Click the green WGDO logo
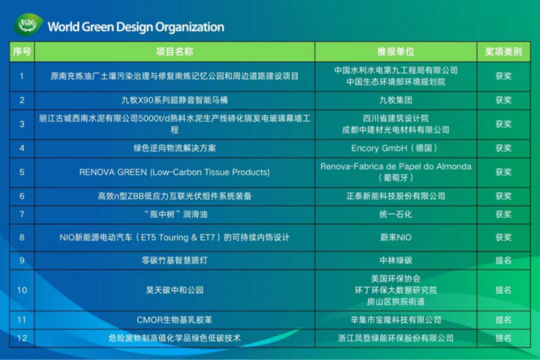pyautogui.click(x=28, y=24)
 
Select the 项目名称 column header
pyautogui.click(x=175, y=52)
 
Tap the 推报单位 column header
pyautogui.click(x=396, y=52)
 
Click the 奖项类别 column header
pyautogui.click(x=504, y=52)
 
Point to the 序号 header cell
pyautogui.click(x=22, y=52)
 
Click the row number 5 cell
pyautogui.click(x=22, y=172)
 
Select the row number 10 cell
pyautogui.click(x=22, y=290)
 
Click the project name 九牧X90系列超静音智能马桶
pyautogui.click(x=175, y=100)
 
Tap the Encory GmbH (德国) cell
pyautogui.click(x=396, y=148)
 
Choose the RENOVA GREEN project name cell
pyautogui.click(x=175, y=172)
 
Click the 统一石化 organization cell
pyautogui.click(x=396, y=215)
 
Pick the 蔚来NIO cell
pyautogui.click(x=396, y=238)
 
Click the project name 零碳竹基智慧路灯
pyautogui.click(x=175, y=261)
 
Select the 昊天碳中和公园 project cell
pyautogui.click(x=175, y=290)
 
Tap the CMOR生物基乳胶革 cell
pyautogui.click(x=175, y=320)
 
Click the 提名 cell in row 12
pyautogui.click(x=504, y=338)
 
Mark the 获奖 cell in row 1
pyautogui.click(x=504, y=76)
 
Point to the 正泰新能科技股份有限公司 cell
pyautogui.click(x=396, y=196)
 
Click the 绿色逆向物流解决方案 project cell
pyautogui.click(x=175, y=148)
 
